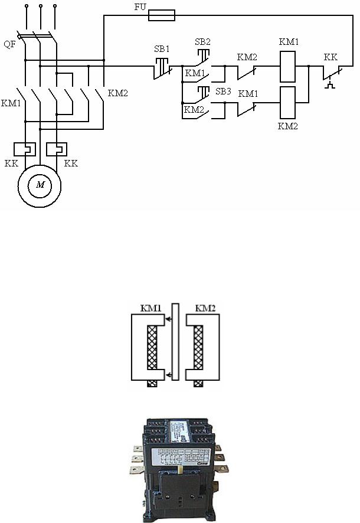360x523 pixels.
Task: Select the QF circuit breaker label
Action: click(x=9, y=45)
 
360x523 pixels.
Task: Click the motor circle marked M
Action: click(x=40, y=185)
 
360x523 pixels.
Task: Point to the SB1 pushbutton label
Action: click(x=162, y=48)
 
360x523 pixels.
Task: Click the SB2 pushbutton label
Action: click(x=202, y=42)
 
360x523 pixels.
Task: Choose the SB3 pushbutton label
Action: click(x=223, y=91)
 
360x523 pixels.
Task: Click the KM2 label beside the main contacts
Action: click(x=117, y=93)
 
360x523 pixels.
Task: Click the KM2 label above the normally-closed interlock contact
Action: click(x=247, y=57)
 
